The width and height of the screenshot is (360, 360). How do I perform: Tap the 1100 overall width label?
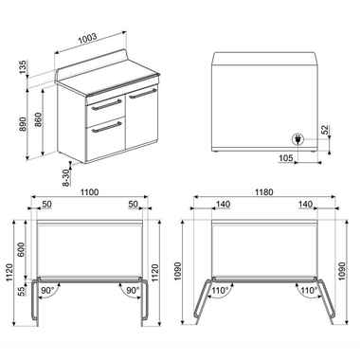click(x=90, y=192)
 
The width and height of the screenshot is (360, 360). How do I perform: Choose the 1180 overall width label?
click(x=264, y=192)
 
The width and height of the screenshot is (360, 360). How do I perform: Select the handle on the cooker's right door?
click(x=142, y=92)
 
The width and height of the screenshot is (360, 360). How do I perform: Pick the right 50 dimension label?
click(x=134, y=204)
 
